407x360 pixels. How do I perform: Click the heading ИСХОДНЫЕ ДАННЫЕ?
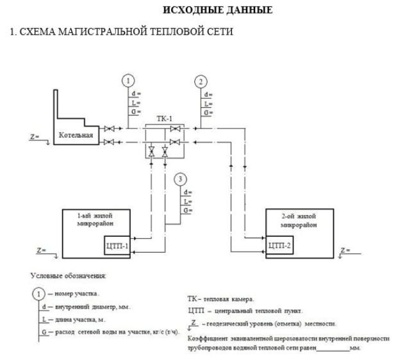tap(217, 10)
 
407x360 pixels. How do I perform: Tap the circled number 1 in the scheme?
tap(128, 81)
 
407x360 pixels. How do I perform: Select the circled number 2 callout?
tap(202, 81)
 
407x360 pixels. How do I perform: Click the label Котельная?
tap(76, 135)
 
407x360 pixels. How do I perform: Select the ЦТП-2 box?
tap(279, 245)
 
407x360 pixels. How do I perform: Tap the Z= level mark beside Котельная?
tap(35, 137)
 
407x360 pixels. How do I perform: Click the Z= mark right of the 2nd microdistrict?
tap(345, 249)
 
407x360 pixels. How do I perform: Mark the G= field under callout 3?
tap(187, 210)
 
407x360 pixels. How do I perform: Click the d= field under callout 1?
tap(135, 94)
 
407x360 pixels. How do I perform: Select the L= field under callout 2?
tap(208, 103)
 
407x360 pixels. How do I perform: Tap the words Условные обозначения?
tap(69, 275)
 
